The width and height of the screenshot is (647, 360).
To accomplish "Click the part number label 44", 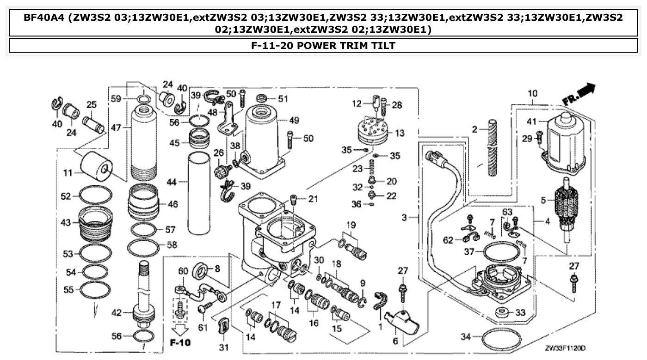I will tap(172, 183).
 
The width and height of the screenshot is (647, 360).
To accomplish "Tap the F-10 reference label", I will tap(179, 343).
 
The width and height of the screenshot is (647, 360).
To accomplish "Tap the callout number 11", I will tap(67, 174).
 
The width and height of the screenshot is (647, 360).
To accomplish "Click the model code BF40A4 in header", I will tap(43, 18).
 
